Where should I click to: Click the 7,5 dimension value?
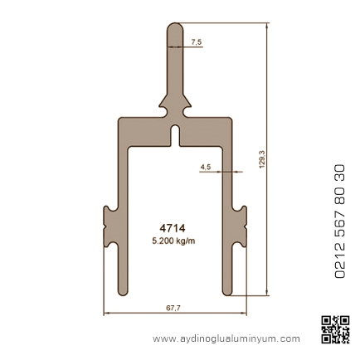pos(197,42)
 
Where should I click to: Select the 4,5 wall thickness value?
pos(206,167)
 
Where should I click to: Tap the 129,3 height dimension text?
pos(261,159)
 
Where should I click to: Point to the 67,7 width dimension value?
pos(173,308)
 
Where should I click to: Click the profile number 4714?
pos(173,228)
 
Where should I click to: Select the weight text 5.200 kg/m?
pos(173,241)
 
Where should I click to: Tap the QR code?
pos(335,329)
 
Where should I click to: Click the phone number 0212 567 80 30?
pos(339,221)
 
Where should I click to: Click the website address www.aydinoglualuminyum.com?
pos(226,338)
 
